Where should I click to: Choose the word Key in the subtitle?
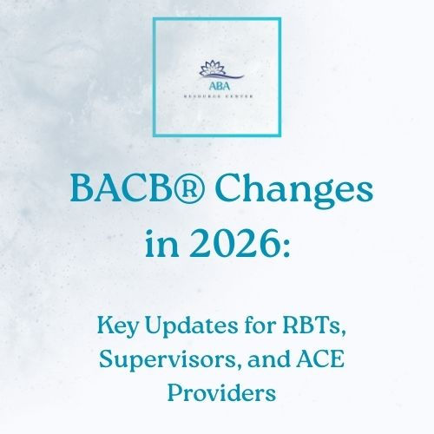coord(128,328)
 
